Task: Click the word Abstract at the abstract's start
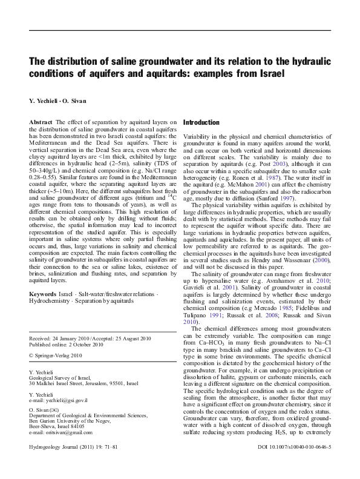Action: click(x=41, y=122)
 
